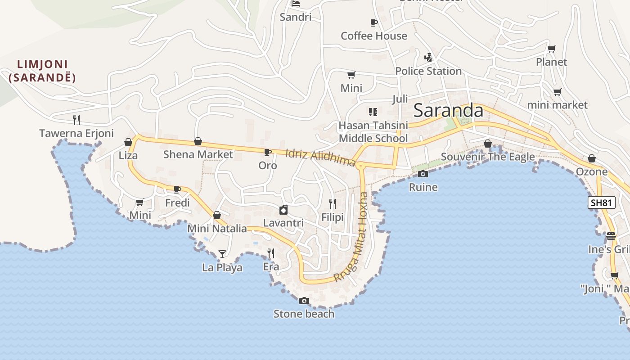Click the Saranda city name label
point(448,110)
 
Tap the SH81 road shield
point(601,202)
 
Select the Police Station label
point(428,71)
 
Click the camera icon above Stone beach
point(304,301)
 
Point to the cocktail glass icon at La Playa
point(222,254)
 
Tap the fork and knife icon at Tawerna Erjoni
point(76,120)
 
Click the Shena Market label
point(198,154)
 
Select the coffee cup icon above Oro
point(268,153)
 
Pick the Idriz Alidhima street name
point(320,157)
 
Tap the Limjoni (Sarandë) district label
point(42,71)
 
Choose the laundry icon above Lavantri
point(283,210)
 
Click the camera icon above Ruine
point(423,174)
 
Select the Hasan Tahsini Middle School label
point(373,131)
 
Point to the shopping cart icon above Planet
point(552,49)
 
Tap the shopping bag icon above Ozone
point(592,158)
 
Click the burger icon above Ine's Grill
point(611,236)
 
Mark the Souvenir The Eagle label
point(488,157)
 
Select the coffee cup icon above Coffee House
point(373,22)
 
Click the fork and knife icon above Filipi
point(333,204)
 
